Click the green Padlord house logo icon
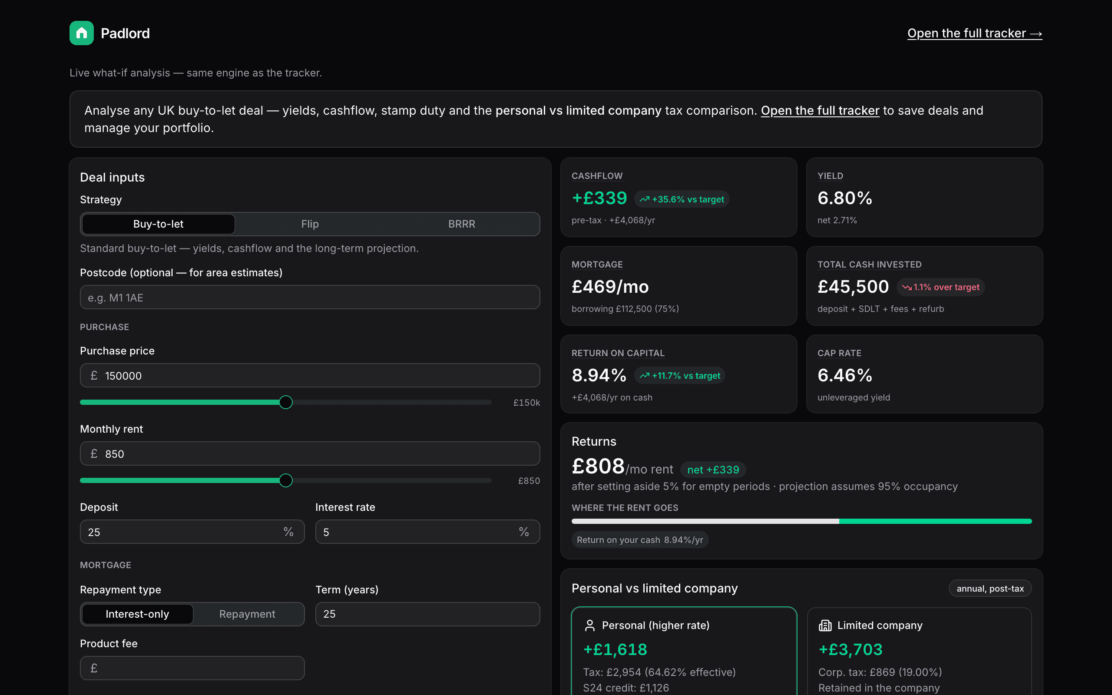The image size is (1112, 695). [81, 33]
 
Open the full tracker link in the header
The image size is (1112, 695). [975, 33]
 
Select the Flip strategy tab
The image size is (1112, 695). [310, 224]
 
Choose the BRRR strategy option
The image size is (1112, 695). [462, 224]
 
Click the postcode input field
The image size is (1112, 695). [310, 298]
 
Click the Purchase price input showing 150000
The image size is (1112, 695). [310, 376]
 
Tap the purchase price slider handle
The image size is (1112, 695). [286, 402]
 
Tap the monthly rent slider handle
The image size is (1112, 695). [286, 480]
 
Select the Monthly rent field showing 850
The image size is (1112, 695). [310, 453]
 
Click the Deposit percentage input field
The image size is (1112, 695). [192, 532]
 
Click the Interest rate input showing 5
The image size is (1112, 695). [427, 532]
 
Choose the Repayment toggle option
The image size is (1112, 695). [247, 614]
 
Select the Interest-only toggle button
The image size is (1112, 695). [137, 614]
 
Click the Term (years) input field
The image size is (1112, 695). [427, 614]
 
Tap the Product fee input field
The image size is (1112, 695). [192, 668]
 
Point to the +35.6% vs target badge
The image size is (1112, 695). [682, 199]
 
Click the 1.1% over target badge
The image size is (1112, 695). [940, 287]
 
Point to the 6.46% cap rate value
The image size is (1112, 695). [844, 375]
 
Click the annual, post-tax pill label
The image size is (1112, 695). [990, 588]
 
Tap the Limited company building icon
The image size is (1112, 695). [825, 625]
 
